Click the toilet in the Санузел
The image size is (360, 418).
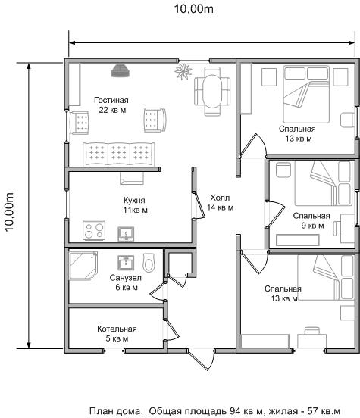click(149, 263)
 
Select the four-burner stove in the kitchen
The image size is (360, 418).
click(94, 229)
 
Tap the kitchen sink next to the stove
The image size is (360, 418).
click(126, 234)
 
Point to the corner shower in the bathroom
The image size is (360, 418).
click(83, 265)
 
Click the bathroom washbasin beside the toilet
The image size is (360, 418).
click(126, 263)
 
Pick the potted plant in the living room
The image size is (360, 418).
click(183, 71)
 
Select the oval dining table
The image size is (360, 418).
click(212, 91)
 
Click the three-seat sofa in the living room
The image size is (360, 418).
click(119, 154)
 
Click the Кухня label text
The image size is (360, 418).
click(134, 200)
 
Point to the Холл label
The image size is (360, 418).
click(220, 198)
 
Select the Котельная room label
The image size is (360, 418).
click(117, 329)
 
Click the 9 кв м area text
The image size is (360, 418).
click(313, 226)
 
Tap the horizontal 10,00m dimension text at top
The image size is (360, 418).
click(194, 9)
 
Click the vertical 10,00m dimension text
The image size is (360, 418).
click(9, 212)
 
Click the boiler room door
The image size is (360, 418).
click(172, 329)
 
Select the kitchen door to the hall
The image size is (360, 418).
click(199, 205)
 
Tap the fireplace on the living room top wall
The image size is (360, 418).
click(121, 71)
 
